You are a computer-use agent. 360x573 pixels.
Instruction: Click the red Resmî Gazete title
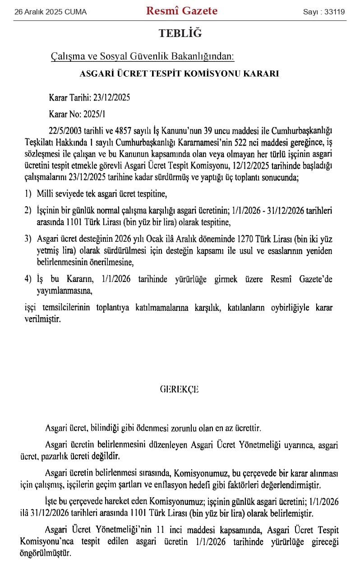click(181, 11)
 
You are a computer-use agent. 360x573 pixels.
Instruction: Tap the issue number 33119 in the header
click(334, 12)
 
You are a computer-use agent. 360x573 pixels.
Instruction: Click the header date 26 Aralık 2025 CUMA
click(51, 12)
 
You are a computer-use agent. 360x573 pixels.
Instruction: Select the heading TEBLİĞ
click(180, 33)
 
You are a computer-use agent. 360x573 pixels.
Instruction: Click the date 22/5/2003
click(68, 131)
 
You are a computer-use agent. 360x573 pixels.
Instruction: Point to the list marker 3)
click(28, 239)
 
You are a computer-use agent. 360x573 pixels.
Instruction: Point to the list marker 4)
click(28, 279)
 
